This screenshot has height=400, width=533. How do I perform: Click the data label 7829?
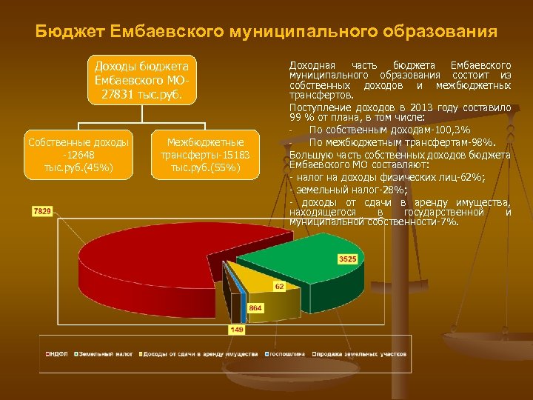click(x=42, y=211)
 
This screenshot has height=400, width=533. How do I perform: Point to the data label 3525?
click(x=348, y=259)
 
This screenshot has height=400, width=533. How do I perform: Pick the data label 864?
click(x=255, y=307)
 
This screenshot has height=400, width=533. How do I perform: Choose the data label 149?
click(x=237, y=328)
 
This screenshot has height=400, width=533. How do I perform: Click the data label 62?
click(x=279, y=285)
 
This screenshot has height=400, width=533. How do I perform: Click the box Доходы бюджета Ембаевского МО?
click(x=141, y=79)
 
